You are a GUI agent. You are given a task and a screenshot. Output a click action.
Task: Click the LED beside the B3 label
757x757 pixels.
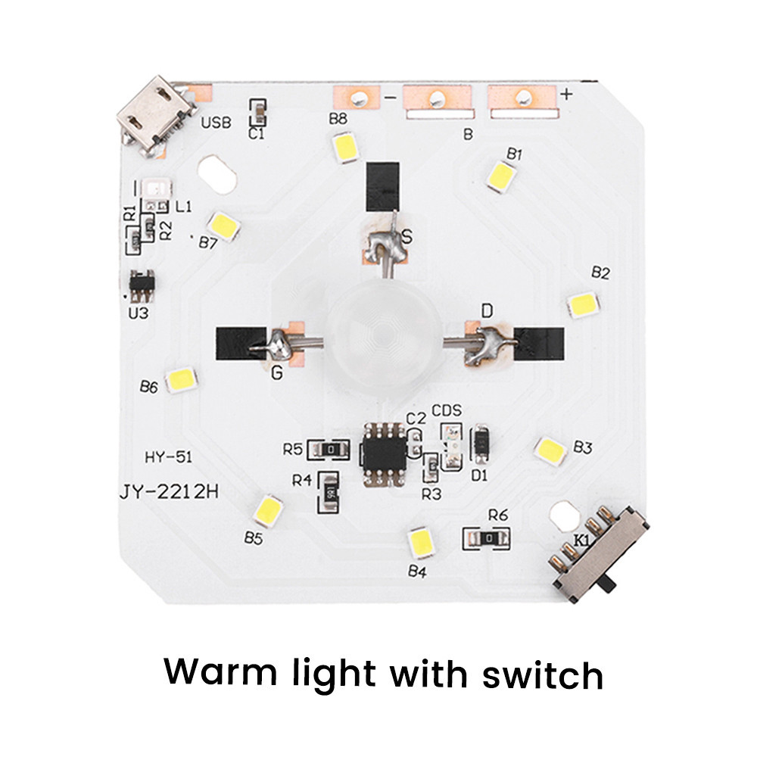tap(551, 450)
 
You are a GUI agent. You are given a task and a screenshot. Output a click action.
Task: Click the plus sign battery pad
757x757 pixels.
tap(521, 97)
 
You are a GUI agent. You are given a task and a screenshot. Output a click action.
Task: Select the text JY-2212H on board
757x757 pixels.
tap(168, 492)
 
